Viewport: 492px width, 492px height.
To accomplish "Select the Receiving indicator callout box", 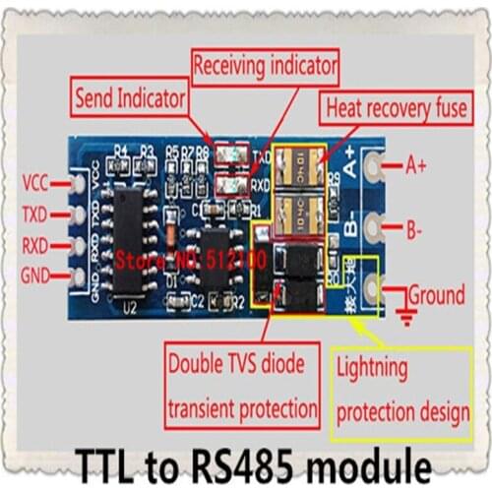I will click(265, 67).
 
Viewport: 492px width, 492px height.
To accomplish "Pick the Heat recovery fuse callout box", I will click(397, 105).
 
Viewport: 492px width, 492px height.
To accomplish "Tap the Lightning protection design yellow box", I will click(402, 391).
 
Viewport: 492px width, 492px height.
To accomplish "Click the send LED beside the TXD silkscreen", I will click(233, 154).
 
